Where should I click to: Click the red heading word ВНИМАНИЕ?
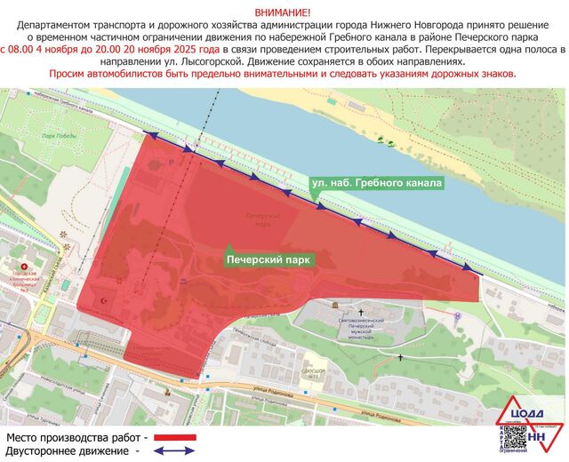point(283,12)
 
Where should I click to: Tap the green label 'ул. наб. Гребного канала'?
point(375,183)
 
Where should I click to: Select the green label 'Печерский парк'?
point(268,260)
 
